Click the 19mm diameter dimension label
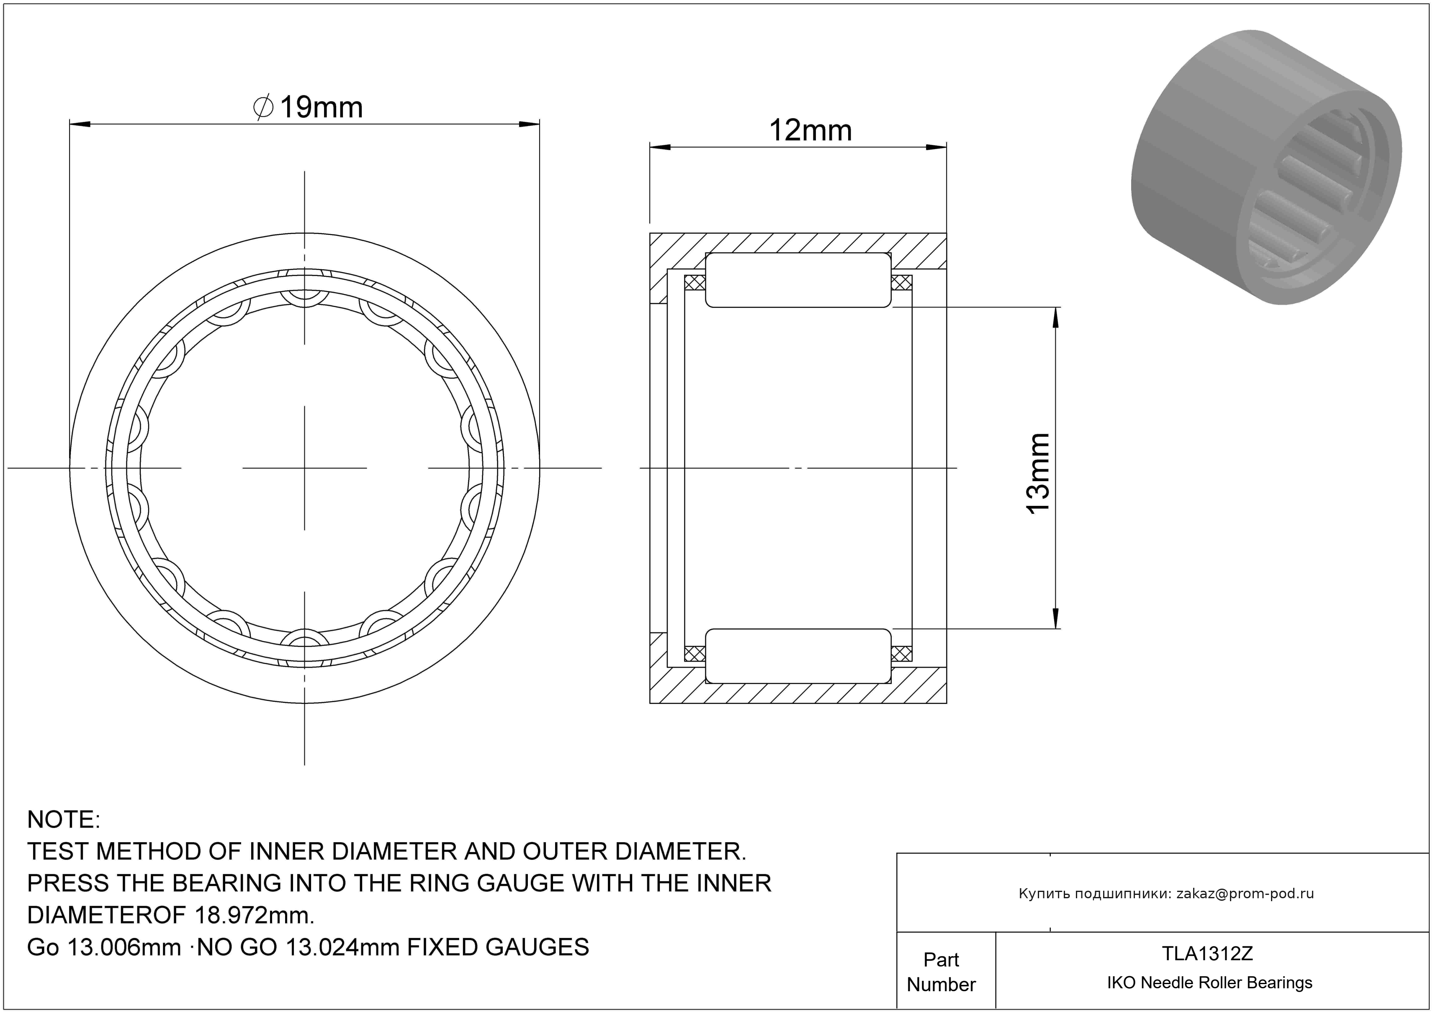(x=308, y=107)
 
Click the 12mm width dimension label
(x=810, y=131)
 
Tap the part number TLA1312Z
(x=1207, y=953)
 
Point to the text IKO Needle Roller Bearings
(x=1209, y=982)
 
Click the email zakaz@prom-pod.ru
(x=1245, y=893)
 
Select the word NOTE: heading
(x=64, y=820)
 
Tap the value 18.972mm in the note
(x=255, y=915)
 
